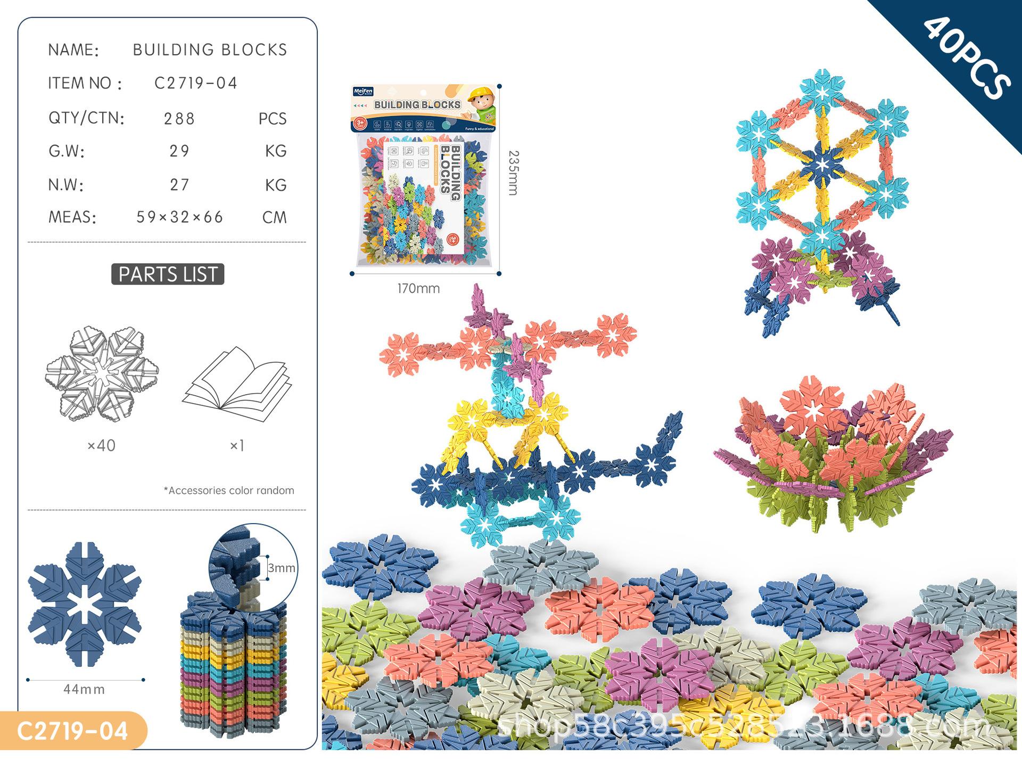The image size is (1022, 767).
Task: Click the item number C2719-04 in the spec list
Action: pyautogui.click(x=195, y=83)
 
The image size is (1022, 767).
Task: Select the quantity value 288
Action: pyautogui.click(x=179, y=118)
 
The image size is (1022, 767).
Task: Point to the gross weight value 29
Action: pyautogui.click(x=179, y=151)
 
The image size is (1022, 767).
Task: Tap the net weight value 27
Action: pyautogui.click(x=179, y=185)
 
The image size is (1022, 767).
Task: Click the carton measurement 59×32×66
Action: pyautogui.click(x=180, y=217)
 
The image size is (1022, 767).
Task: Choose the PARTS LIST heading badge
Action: pyautogui.click(x=168, y=274)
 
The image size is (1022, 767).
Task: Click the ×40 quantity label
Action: pyautogui.click(x=101, y=445)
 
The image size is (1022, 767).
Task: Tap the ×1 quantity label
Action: pyautogui.click(x=237, y=445)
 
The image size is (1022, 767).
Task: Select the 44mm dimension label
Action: pyautogui.click(x=84, y=689)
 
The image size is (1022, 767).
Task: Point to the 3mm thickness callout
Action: pyautogui.click(x=281, y=568)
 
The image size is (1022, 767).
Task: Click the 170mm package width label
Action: pyautogui.click(x=418, y=289)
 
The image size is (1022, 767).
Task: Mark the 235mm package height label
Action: pyautogui.click(x=513, y=173)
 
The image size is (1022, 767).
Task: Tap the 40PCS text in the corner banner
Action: pyautogui.click(x=966, y=58)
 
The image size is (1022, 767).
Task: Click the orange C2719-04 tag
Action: pyautogui.click(x=72, y=731)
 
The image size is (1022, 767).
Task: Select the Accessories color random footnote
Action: pyautogui.click(x=229, y=491)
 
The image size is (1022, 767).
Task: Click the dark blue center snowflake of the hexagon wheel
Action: pyautogui.click(x=822, y=163)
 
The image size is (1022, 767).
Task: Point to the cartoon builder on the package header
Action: pyautogui.click(x=481, y=103)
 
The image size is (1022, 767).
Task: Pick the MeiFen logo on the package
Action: pyautogui.click(x=364, y=92)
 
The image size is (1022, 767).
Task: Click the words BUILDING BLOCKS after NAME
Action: pyautogui.click(x=210, y=50)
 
